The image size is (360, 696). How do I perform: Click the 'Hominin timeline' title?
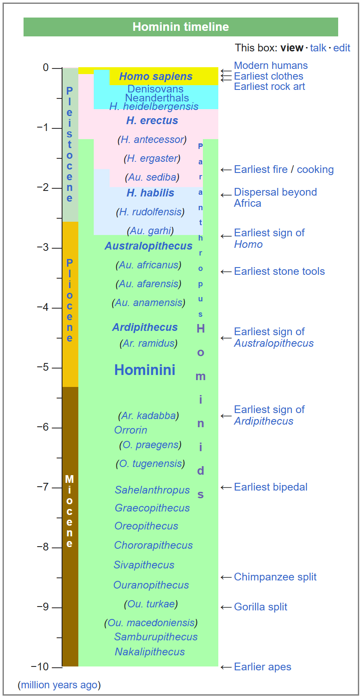tap(181, 27)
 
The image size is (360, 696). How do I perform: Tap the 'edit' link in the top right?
tap(342, 48)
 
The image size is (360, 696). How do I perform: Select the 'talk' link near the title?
tap(318, 48)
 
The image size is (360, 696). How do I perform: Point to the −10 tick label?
tap(40, 666)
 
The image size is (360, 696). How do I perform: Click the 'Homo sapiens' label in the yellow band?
tap(156, 77)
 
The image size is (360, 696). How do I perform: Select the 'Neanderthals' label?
tap(157, 98)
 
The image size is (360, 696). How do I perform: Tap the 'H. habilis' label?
tap(150, 193)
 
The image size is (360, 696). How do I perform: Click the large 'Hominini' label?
tap(145, 370)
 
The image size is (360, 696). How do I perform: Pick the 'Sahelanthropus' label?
tap(152, 490)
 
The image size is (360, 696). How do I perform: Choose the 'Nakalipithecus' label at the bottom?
tap(150, 652)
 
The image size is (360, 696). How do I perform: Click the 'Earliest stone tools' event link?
tap(279, 271)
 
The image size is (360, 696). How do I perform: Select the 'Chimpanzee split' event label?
tap(275, 577)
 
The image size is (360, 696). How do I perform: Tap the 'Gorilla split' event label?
tap(260, 607)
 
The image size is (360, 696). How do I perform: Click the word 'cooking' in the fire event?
tap(315, 170)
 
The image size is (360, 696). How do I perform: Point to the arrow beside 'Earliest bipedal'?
tap(226, 488)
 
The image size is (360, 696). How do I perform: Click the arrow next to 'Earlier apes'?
tap(226, 667)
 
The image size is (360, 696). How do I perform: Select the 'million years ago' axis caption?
tap(59, 685)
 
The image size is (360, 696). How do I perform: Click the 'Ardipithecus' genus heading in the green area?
tap(145, 327)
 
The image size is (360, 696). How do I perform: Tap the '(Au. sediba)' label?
tap(152, 177)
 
